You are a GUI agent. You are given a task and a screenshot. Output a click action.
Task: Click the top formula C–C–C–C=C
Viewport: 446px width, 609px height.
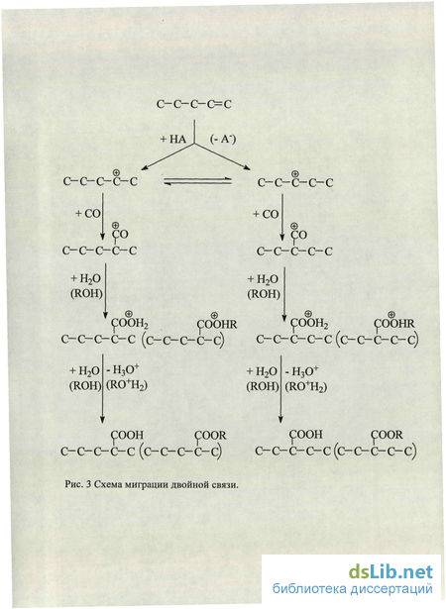(194, 104)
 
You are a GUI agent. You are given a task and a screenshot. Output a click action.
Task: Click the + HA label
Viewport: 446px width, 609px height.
(173, 141)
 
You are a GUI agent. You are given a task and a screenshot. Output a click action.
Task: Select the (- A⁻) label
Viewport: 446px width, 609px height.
(223, 141)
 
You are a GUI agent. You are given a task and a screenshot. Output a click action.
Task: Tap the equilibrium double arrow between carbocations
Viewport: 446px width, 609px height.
(197, 181)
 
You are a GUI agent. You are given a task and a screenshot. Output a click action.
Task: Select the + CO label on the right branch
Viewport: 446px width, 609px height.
(266, 214)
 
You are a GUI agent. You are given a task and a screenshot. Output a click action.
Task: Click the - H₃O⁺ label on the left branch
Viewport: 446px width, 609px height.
(123, 370)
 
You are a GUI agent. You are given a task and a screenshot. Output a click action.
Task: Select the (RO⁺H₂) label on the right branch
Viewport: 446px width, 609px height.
(306, 387)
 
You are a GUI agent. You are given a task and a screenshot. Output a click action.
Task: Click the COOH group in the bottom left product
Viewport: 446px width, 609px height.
(128, 436)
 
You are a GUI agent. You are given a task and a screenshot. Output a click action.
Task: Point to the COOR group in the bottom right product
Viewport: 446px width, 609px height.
(388, 435)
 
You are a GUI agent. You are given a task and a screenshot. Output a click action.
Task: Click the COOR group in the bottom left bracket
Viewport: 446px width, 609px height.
(211, 436)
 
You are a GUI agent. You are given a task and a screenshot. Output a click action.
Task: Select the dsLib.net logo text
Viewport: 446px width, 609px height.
(390, 571)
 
